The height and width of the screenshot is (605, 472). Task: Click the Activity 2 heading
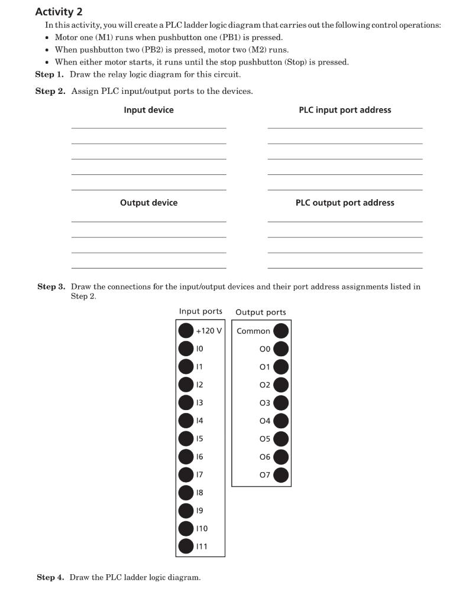click(x=59, y=12)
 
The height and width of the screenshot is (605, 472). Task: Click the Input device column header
click(x=148, y=110)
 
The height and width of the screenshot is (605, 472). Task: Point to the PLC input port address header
click(x=345, y=110)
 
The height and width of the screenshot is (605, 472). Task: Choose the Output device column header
click(x=148, y=203)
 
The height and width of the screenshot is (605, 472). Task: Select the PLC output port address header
click(x=345, y=203)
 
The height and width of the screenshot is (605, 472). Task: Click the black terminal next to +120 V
click(x=186, y=331)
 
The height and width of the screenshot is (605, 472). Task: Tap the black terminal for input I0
click(x=186, y=349)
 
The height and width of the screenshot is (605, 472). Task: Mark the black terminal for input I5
click(x=186, y=438)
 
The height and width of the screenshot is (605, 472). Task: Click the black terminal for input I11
click(x=186, y=546)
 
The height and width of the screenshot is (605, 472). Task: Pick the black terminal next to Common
click(x=281, y=331)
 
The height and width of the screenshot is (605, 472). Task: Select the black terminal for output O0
click(x=281, y=349)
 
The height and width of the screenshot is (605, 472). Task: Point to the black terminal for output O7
click(x=281, y=474)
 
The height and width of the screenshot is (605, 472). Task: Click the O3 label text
click(x=264, y=403)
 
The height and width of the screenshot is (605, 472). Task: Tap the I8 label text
click(x=200, y=492)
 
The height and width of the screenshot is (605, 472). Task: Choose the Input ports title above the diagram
click(x=201, y=311)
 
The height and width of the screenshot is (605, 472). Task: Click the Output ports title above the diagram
click(x=261, y=312)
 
